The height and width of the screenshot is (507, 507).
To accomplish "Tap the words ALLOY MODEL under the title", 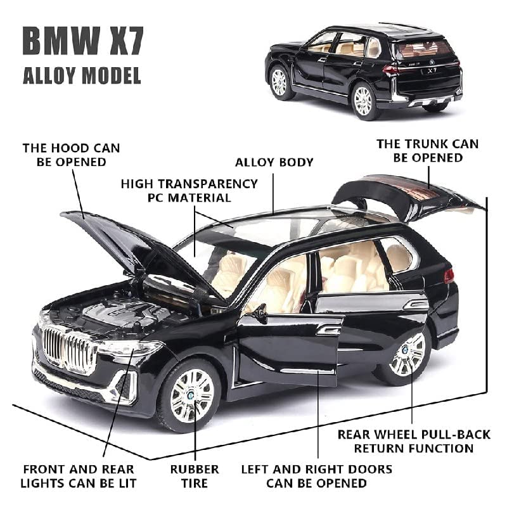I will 82,77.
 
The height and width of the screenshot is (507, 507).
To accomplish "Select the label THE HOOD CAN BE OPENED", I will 71,155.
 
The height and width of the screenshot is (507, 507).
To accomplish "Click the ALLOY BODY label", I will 274,162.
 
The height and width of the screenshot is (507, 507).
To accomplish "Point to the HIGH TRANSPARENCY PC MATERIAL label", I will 189,190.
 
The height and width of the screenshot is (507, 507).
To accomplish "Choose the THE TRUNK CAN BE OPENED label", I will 428,151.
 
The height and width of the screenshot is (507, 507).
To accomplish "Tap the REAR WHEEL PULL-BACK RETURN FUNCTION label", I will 414,441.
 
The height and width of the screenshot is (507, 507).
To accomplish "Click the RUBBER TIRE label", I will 195,476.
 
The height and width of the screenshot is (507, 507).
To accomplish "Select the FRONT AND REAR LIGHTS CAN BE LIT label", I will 79,476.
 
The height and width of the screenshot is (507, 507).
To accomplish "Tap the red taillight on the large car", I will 449,276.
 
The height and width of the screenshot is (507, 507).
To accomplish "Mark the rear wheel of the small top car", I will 363,101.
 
